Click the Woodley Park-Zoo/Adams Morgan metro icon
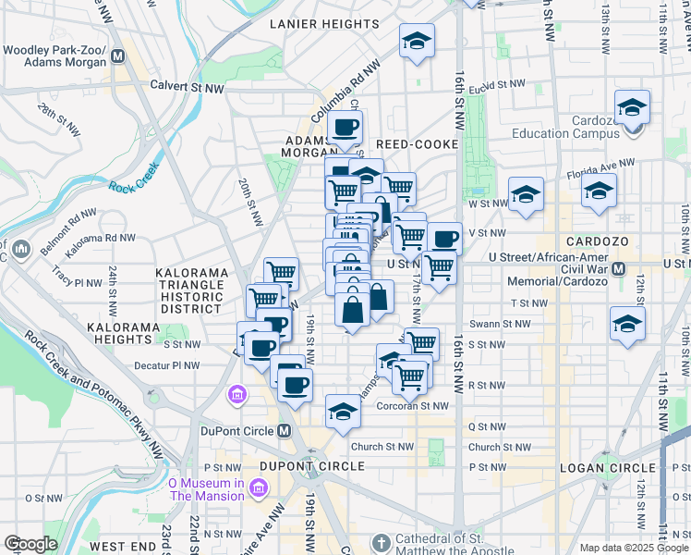coord(117,55)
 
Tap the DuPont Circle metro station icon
coord(285,431)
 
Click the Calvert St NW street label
coord(188,88)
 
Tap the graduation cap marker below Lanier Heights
coord(418,41)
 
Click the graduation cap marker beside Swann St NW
coord(627,325)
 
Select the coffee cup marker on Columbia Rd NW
coord(345,127)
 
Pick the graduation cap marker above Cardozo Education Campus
coord(633,107)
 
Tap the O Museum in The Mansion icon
coord(258,487)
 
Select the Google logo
coord(31,544)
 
